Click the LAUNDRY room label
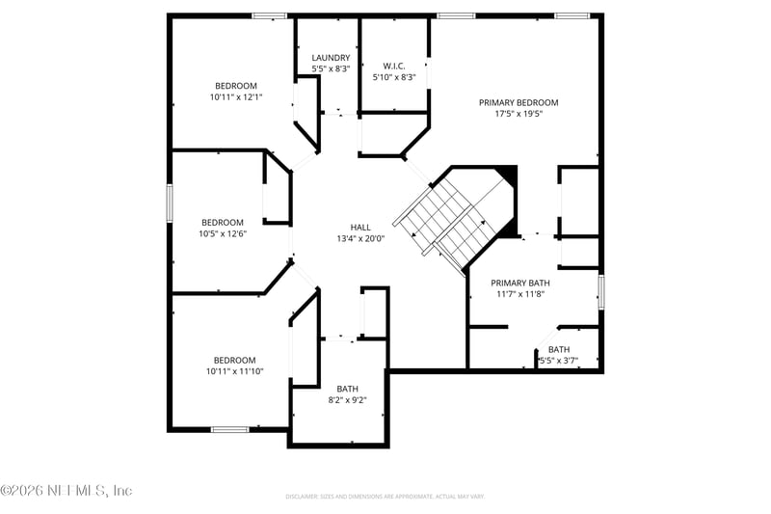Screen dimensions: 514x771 pos(331,58)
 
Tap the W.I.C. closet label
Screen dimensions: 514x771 pos(392,67)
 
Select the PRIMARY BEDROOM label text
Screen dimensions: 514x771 pos(518,102)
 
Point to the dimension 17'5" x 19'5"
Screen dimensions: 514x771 pos(518,113)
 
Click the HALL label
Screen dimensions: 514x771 pos(360,228)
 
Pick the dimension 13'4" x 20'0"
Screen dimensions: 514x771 pos(360,239)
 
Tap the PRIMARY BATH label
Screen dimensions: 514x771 pos(520,284)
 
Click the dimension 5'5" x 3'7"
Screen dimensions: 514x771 pos(558,361)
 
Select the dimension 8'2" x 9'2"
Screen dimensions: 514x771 pos(347,399)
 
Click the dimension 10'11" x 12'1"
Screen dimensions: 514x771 pos(236,96)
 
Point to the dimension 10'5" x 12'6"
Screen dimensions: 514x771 pos(223,233)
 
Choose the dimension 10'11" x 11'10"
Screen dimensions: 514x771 pos(234,371)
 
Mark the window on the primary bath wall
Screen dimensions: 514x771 pos(600,292)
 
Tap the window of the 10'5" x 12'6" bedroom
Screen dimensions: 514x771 pos(170,203)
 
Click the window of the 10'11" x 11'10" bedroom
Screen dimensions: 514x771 pos(230,429)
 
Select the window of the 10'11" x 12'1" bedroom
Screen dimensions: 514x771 pos(270,15)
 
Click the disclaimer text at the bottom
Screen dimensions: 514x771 pos(385,497)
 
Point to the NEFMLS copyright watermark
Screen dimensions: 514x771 pos(66,491)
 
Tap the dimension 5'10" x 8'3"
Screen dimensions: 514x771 pos(393,78)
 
